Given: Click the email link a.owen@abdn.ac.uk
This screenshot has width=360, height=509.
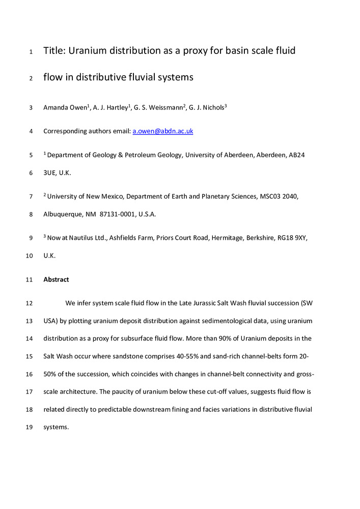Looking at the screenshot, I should click(x=162, y=131).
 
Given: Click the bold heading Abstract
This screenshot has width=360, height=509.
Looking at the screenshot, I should click(x=56, y=279).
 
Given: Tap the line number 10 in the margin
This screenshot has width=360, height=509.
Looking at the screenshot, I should click(x=29, y=256).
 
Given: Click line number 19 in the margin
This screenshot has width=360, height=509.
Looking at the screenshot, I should click(x=29, y=428).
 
